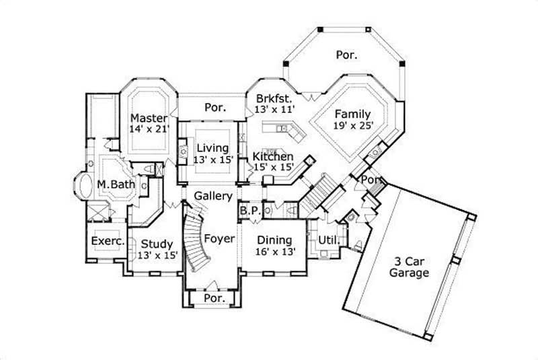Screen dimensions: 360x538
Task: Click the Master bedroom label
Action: pos(149,118)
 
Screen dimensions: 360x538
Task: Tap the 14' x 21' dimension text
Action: pos(149,129)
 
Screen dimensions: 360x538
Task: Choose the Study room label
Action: pos(157,244)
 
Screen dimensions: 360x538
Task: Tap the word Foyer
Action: pos(219,238)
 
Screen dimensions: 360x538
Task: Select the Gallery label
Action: pos(213,196)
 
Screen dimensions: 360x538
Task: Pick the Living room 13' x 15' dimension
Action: pos(212,159)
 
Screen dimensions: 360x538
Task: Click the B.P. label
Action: pos(249,211)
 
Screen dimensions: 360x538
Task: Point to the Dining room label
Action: pos(274,240)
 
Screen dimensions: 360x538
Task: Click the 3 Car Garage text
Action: pos(408,267)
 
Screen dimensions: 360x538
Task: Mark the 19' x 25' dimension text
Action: pos(352,124)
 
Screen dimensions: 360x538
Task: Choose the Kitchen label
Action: pos(272,157)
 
